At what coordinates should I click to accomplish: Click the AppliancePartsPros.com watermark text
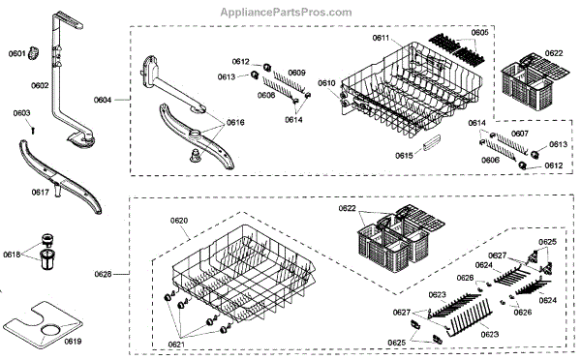click(x=286, y=13)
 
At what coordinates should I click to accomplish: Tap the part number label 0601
click(x=17, y=54)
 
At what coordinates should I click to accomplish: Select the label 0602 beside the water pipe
click(x=40, y=85)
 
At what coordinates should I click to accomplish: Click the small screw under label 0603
click(x=33, y=130)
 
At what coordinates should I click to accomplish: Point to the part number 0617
click(x=41, y=192)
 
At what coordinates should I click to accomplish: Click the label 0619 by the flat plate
click(x=73, y=341)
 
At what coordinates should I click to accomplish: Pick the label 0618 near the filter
click(x=12, y=255)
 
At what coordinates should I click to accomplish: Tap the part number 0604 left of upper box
click(x=103, y=100)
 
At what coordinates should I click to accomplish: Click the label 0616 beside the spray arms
click(x=235, y=122)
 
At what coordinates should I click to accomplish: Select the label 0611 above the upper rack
click(x=381, y=38)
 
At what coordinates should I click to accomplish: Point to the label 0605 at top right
click(x=480, y=33)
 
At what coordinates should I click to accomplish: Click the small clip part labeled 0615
click(x=431, y=142)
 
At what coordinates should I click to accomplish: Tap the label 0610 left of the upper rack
click(x=327, y=83)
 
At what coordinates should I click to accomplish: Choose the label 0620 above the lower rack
click(x=179, y=221)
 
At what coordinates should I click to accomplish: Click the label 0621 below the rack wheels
click(x=177, y=345)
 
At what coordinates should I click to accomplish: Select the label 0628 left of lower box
click(x=103, y=274)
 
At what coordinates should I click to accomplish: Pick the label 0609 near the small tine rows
click(x=297, y=73)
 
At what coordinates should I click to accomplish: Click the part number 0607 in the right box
click(x=520, y=134)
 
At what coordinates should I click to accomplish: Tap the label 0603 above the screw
click(x=22, y=113)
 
